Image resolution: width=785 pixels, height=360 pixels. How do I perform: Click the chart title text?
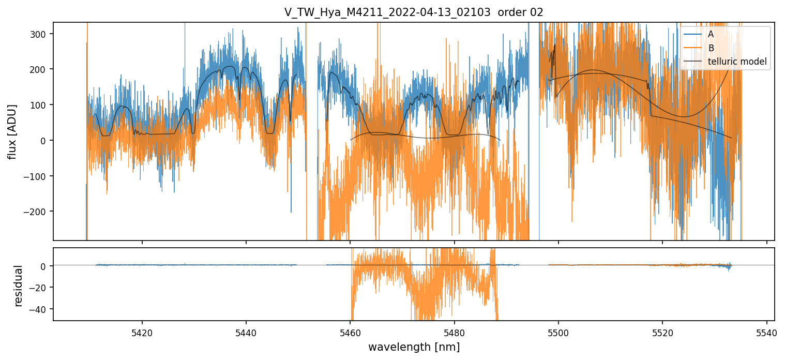[x=413, y=12]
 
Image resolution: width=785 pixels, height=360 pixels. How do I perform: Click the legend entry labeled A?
[x=711, y=34]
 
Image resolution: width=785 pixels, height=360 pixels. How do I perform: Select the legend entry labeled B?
[x=711, y=48]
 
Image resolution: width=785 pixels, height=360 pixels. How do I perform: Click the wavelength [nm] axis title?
[x=414, y=347]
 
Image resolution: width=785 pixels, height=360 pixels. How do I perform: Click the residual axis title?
[x=19, y=286]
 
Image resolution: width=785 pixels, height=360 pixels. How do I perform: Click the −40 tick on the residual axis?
[x=39, y=309]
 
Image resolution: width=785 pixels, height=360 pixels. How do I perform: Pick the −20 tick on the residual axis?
[x=39, y=288]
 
